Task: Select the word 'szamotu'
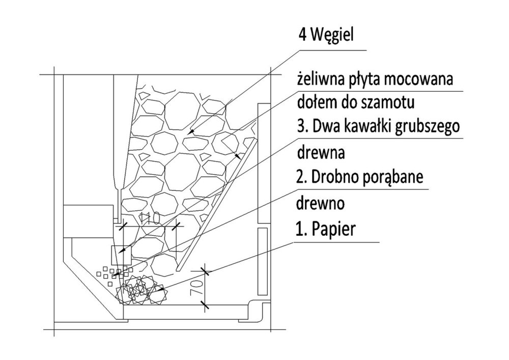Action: coord(392,102)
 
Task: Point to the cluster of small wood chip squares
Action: coord(115,273)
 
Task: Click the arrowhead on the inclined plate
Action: coord(237,156)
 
